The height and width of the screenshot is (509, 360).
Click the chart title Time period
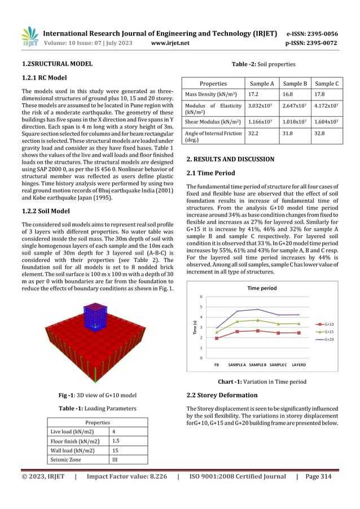click(262, 287)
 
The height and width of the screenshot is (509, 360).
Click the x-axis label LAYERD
click(298, 365)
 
